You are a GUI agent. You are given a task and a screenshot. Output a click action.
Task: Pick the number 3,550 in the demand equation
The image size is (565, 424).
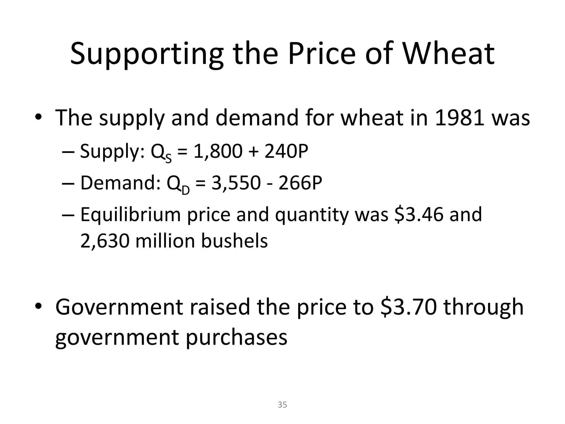tap(236, 183)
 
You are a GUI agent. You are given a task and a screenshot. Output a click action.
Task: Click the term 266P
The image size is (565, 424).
tap(300, 183)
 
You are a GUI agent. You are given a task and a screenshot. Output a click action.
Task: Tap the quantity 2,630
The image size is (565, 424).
tap(105, 241)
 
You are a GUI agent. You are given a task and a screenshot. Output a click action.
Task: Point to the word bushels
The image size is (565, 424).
tap(234, 241)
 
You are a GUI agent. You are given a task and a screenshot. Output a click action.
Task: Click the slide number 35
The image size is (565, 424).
tap(282, 405)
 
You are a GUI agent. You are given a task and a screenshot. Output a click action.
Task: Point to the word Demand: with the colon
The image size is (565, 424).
tap(120, 183)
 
